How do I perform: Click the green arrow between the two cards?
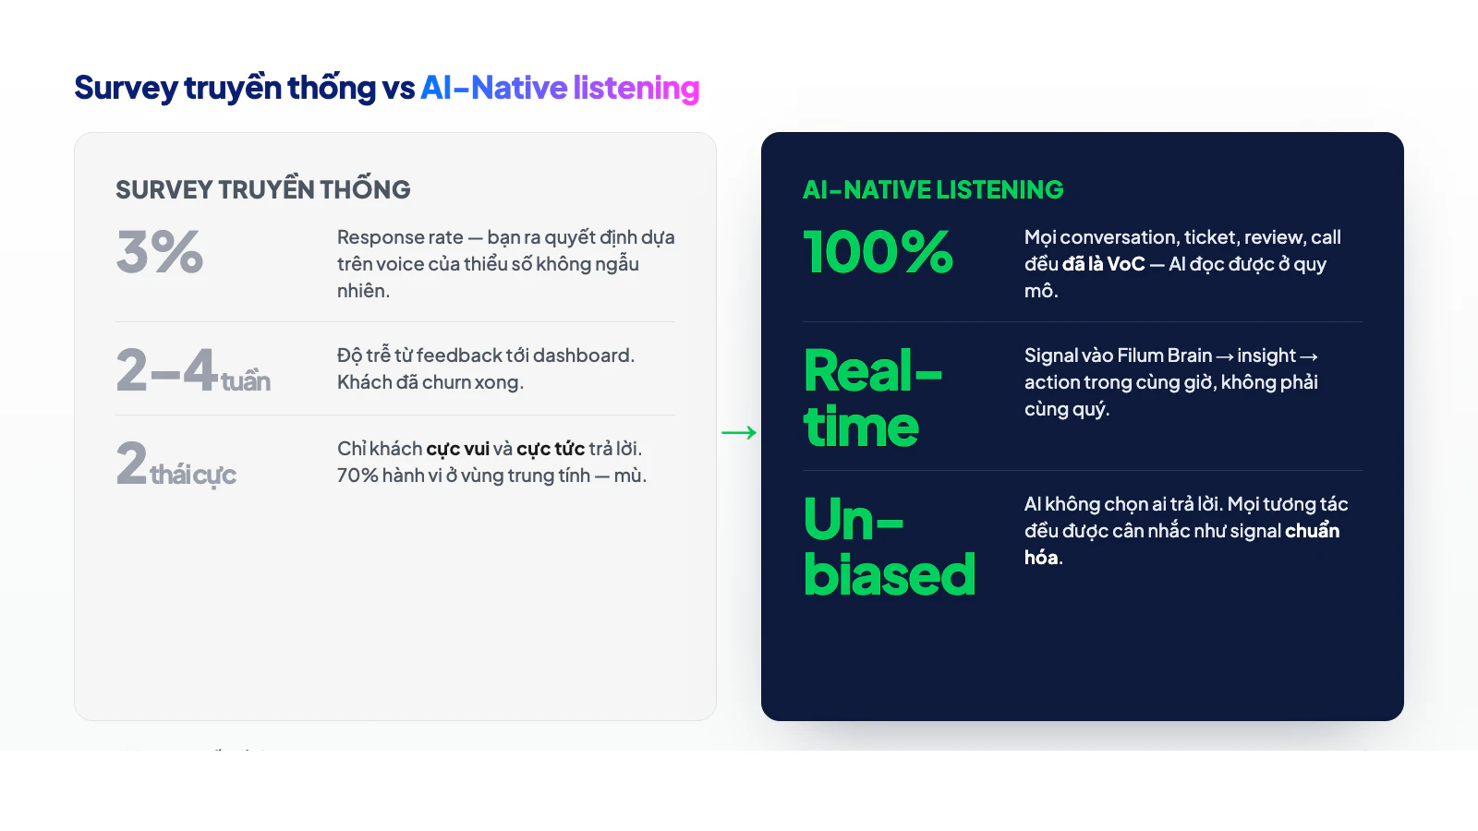(x=739, y=432)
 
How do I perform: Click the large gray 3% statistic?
(x=160, y=252)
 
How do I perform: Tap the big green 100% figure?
(x=878, y=252)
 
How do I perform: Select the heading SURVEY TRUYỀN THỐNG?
(x=263, y=189)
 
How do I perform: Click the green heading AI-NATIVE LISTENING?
(x=933, y=189)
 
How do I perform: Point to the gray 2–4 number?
(x=166, y=370)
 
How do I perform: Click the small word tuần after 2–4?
(x=246, y=381)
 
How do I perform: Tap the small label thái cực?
(x=193, y=475)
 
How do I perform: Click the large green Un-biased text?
(x=889, y=547)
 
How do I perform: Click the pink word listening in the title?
(x=636, y=88)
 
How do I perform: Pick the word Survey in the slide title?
(x=126, y=88)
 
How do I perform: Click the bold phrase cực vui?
(x=458, y=449)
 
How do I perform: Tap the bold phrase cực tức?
(x=551, y=449)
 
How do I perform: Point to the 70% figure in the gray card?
(x=357, y=476)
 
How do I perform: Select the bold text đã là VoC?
(x=1103, y=264)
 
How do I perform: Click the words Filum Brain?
(x=1164, y=355)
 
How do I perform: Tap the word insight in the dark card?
(x=1266, y=355)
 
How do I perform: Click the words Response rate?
(x=400, y=237)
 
